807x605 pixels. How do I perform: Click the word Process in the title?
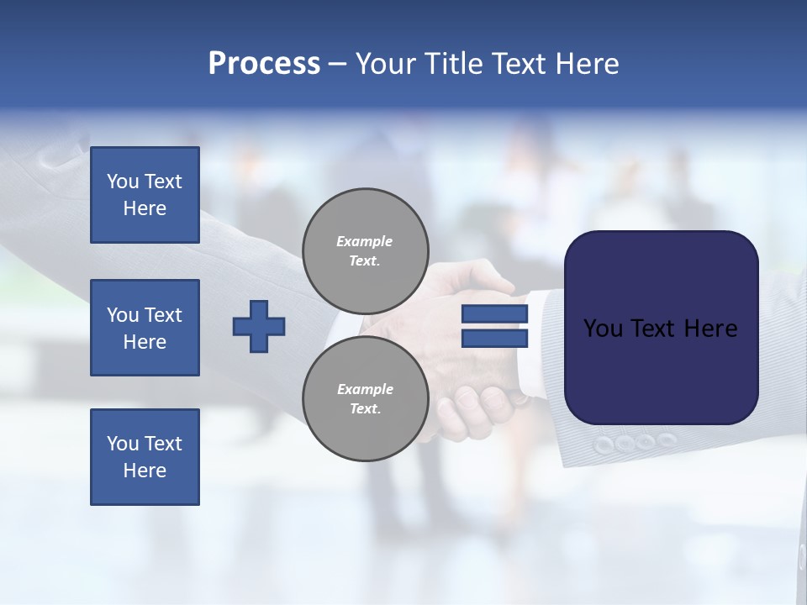[264, 64]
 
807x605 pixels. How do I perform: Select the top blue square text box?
[145, 195]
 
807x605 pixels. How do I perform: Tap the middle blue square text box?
[145, 328]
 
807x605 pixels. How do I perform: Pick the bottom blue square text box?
[145, 457]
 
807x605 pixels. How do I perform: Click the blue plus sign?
[259, 326]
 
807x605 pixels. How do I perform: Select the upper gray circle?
[366, 250]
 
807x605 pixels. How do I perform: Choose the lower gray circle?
[366, 398]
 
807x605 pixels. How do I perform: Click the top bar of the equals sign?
[494, 314]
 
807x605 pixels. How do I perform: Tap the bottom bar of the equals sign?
[494, 338]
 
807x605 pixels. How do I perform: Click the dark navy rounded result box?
[661, 328]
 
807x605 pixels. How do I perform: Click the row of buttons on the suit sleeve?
[635, 442]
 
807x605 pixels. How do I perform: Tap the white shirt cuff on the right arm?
[531, 353]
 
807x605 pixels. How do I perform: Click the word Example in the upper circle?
[365, 241]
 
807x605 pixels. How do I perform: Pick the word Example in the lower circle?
[365, 389]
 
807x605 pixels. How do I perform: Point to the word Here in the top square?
[145, 208]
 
